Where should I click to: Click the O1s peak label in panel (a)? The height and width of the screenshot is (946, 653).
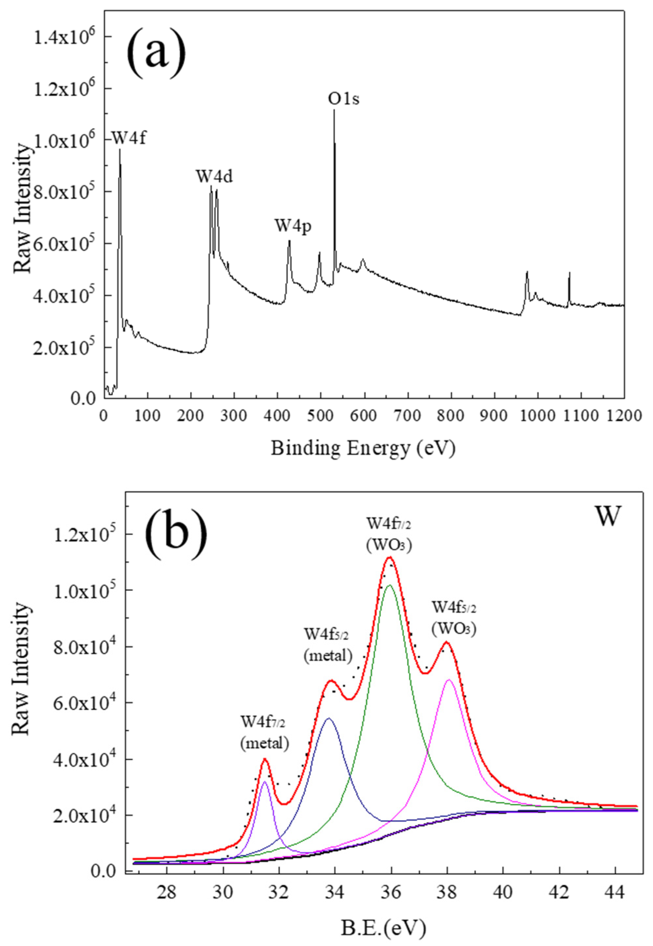click(x=344, y=99)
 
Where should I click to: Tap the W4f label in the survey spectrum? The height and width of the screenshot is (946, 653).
click(x=128, y=138)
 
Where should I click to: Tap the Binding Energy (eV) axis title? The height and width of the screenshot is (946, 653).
click(x=363, y=449)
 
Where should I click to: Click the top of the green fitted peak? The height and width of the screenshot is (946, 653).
click(x=390, y=585)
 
